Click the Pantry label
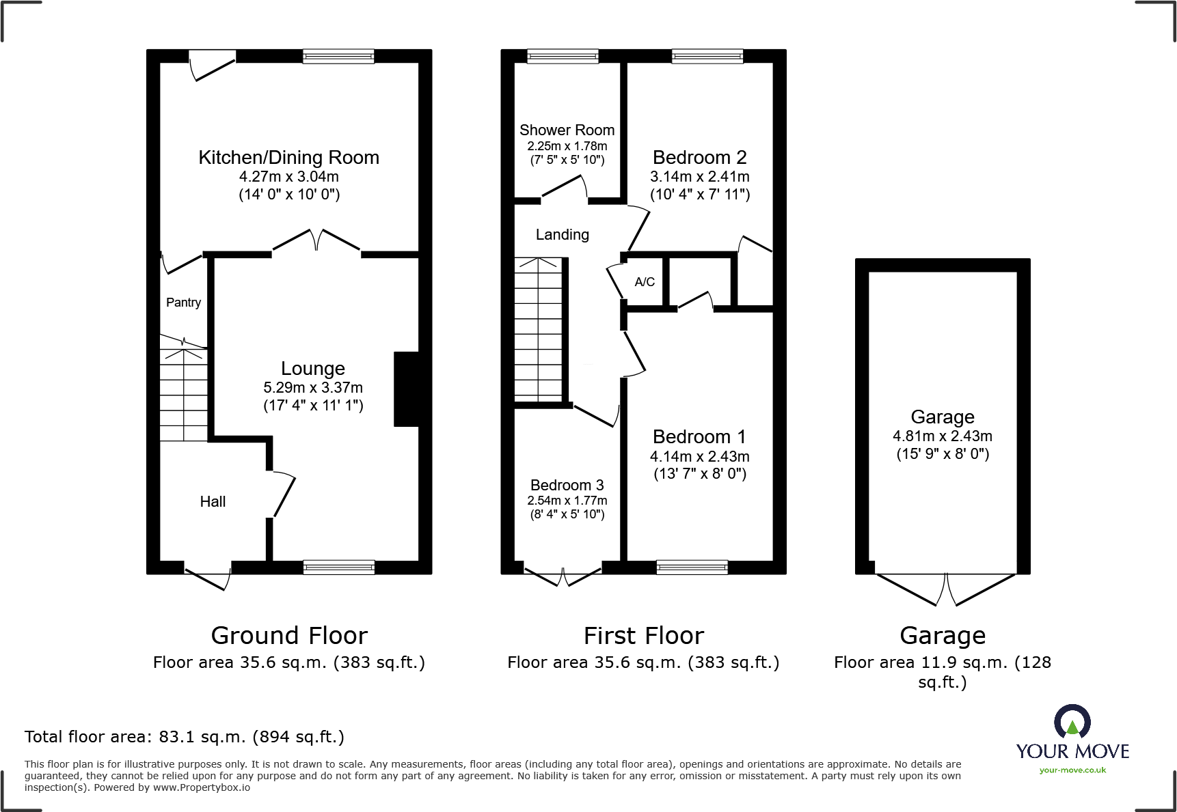point(183,303)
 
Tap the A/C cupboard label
point(645,282)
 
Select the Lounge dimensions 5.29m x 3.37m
point(313,388)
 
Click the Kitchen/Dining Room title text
point(288,158)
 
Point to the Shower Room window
point(563,57)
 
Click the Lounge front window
point(338,567)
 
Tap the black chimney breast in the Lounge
point(406,389)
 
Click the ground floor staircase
point(183,396)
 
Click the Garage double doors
point(945,589)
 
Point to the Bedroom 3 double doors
point(563,577)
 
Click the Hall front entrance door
point(208,577)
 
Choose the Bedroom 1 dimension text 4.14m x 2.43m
point(699,456)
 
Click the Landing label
point(562,235)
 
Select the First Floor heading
point(643,636)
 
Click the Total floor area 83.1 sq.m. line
point(185,737)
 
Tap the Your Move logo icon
point(1072,722)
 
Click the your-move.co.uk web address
point(1072,770)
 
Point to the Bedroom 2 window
point(707,57)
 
